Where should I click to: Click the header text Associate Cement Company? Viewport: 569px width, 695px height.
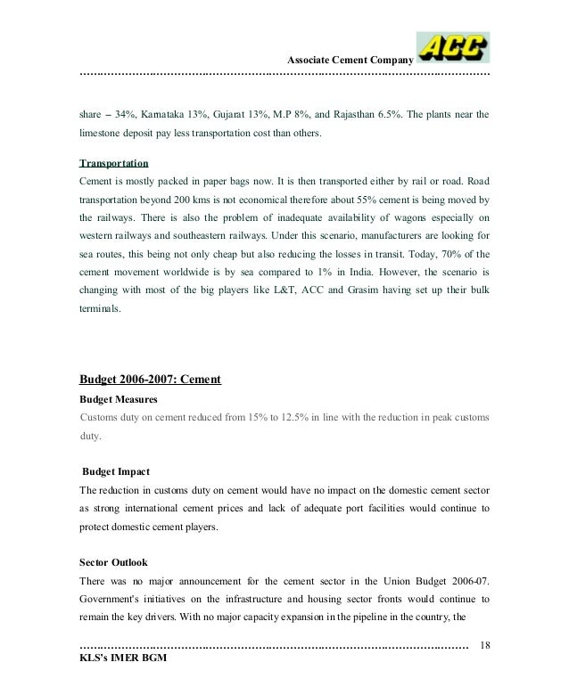[349, 60]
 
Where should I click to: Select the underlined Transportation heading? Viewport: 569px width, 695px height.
[114, 164]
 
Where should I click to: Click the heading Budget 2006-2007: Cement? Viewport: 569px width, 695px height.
[150, 380]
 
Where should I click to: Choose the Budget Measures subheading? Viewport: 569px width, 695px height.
[119, 400]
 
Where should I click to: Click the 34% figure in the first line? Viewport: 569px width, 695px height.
[131, 115]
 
